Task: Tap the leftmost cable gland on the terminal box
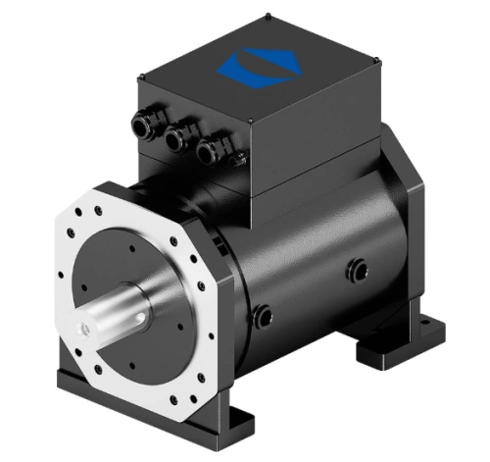(143, 122)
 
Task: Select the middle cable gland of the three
(175, 140)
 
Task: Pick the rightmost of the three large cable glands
(207, 153)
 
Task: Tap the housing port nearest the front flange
(262, 316)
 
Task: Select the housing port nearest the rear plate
(357, 268)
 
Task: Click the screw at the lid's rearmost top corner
(269, 16)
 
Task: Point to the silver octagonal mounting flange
(69, 245)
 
